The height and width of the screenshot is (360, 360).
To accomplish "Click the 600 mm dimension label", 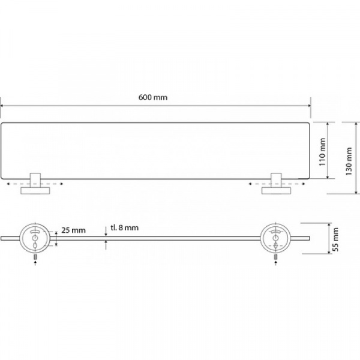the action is (x=153, y=97).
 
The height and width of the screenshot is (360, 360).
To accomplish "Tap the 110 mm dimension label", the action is (x=322, y=152).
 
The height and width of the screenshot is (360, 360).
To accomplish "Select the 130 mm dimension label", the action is (x=349, y=161).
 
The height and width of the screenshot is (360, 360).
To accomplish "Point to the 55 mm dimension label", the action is (x=335, y=239).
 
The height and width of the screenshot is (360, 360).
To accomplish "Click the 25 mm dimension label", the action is (x=73, y=230).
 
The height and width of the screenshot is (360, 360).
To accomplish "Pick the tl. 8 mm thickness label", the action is (x=125, y=228).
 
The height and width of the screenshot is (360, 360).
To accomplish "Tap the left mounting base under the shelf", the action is (x=35, y=190).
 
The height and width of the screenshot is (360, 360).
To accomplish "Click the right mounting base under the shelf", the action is (x=276, y=190).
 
